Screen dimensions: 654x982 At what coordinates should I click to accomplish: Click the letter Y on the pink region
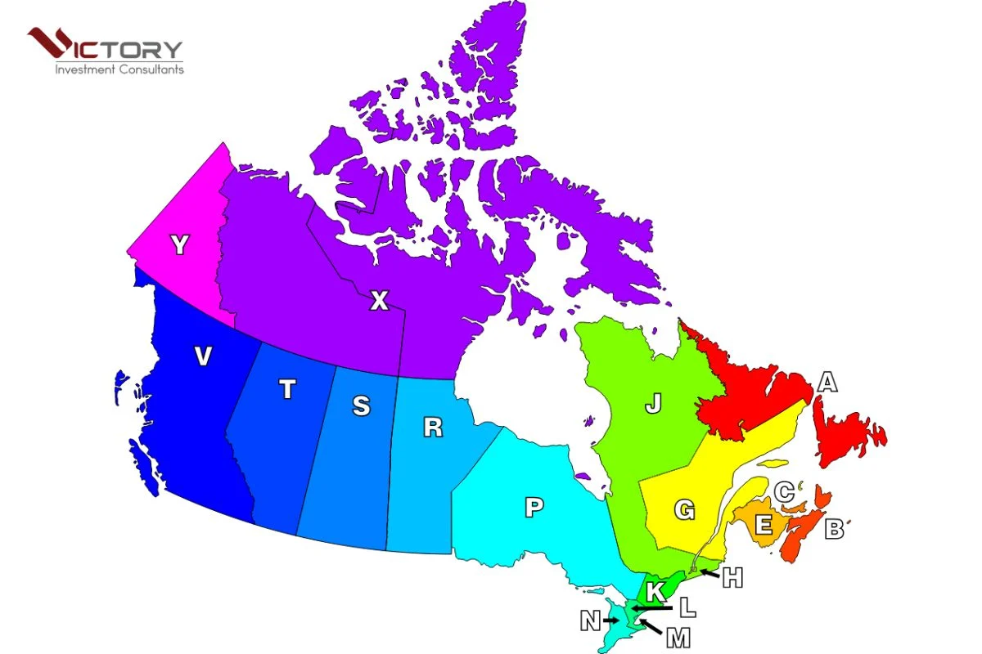click(179, 244)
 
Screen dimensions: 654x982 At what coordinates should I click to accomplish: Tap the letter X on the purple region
click(379, 302)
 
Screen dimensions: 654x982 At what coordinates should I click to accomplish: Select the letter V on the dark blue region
click(204, 356)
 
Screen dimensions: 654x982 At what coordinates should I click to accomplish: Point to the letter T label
click(286, 391)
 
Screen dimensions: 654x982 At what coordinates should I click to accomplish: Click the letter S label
click(361, 405)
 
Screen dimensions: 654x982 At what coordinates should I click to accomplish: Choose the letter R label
click(433, 427)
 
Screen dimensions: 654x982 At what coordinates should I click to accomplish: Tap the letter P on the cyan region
click(534, 508)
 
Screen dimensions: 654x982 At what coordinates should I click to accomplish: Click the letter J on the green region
click(652, 405)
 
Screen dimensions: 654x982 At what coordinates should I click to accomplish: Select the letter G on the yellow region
click(684, 511)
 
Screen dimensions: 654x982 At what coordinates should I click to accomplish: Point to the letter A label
click(828, 382)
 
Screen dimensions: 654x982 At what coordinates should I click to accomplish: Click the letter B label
click(834, 529)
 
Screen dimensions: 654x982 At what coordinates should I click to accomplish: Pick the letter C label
click(784, 492)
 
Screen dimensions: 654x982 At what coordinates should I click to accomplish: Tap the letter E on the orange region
click(764, 524)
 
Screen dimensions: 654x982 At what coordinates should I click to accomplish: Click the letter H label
click(732, 578)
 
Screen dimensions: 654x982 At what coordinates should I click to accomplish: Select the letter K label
click(655, 591)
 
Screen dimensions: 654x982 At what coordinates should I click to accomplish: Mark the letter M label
click(678, 638)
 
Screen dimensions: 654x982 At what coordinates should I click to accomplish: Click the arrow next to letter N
click(610, 621)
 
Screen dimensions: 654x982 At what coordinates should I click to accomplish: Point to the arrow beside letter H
click(709, 573)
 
